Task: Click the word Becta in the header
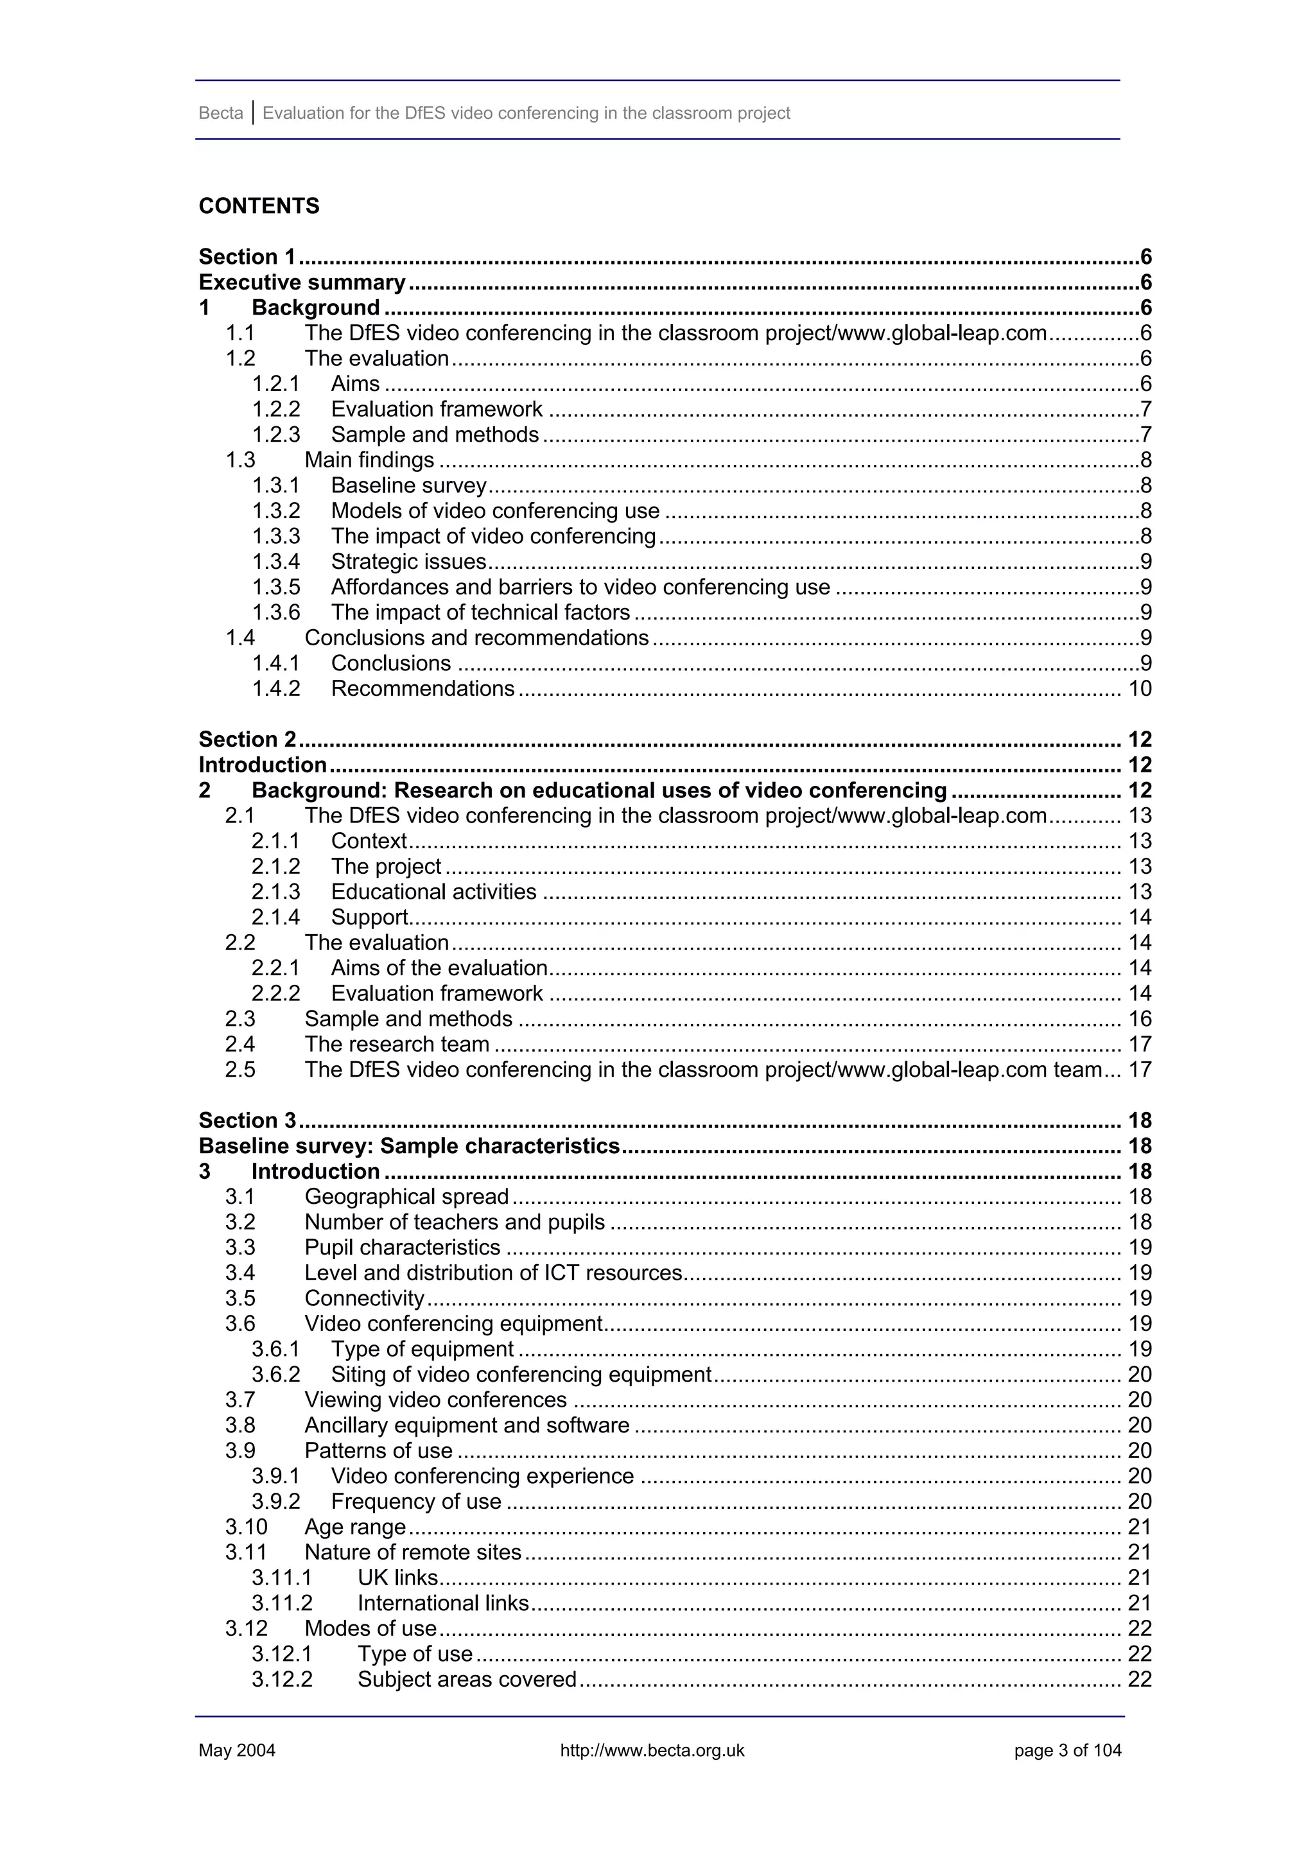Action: [220, 114]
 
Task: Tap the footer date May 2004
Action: [236, 1751]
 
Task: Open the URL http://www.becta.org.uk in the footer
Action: [652, 1751]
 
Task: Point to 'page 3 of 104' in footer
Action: [1067, 1751]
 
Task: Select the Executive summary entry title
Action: [301, 282]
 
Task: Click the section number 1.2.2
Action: [275, 409]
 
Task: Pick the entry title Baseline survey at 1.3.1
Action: [408, 485]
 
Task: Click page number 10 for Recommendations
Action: [1139, 688]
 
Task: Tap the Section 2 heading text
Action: [247, 740]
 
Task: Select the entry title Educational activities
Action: [433, 892]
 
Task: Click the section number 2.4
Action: [240, 1044]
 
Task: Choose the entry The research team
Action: [397, 1044]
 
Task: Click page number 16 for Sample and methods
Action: [1139, 1019]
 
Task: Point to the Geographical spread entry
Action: [406, 1197]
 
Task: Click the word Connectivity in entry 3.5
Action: [364, 1299]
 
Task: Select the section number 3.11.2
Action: [281, 1603]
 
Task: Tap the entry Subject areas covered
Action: [467, 1680]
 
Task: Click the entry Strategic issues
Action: [408, 561]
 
